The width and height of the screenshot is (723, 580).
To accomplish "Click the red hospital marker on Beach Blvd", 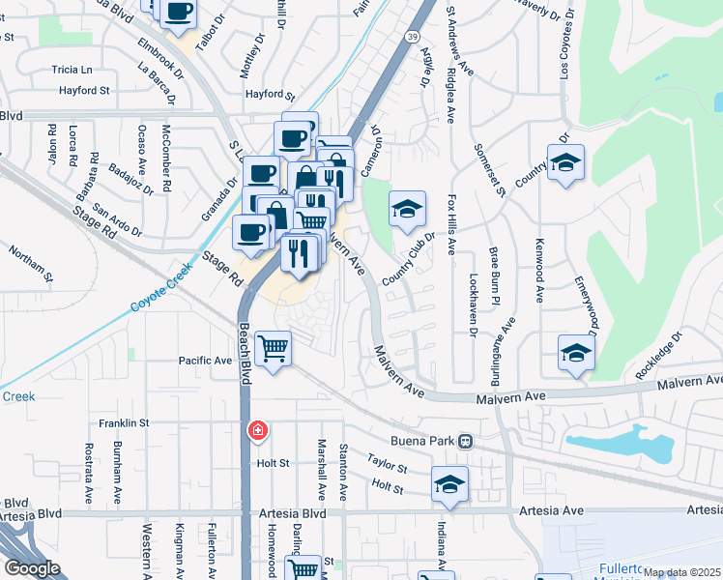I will tap(258, 430).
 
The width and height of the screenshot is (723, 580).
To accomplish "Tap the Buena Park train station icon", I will tap(466, 442).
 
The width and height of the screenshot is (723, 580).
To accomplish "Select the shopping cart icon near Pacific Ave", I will tap(274, 349).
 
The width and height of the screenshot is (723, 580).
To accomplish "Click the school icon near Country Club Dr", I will tap(407, 208).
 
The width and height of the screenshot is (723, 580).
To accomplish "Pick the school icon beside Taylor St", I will tap(449, 483).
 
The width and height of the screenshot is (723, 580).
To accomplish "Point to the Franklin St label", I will tap(124, 423).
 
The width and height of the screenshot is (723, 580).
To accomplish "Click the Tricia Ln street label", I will tap(72, 70).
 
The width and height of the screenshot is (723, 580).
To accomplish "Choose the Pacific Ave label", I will tap(206, 361).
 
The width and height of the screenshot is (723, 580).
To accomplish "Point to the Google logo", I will tap(32, 567).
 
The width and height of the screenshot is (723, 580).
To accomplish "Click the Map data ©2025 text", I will tap(680, 572).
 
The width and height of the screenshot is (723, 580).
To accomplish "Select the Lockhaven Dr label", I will tap(473, 307).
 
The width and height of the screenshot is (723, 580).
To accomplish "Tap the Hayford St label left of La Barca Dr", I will tap(83, 90).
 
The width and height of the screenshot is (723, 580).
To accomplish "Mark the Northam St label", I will tap(28, 261).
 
